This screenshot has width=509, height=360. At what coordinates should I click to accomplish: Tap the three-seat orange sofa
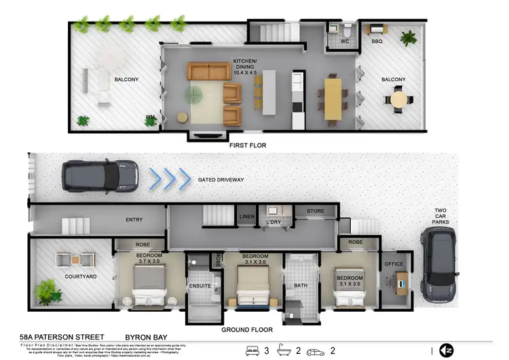(x=208, y=71)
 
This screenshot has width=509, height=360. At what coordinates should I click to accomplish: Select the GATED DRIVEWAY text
(x=221, y=179)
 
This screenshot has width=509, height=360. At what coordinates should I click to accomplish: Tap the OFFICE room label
(x=394, y=264)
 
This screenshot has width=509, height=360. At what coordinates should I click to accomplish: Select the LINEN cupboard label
(x=246, y=217)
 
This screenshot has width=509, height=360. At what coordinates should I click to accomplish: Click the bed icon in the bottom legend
(x=252, y=351)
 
